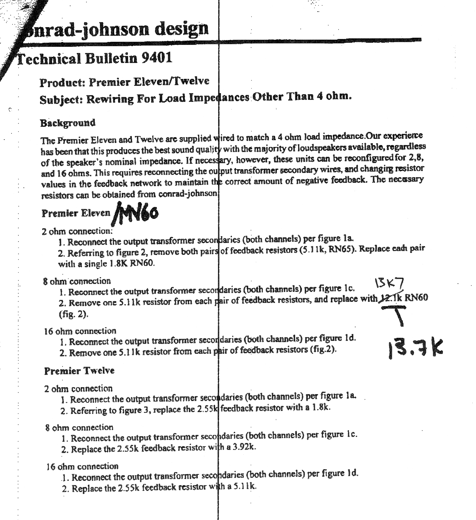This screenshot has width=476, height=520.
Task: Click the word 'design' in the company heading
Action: coord(181,29)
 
